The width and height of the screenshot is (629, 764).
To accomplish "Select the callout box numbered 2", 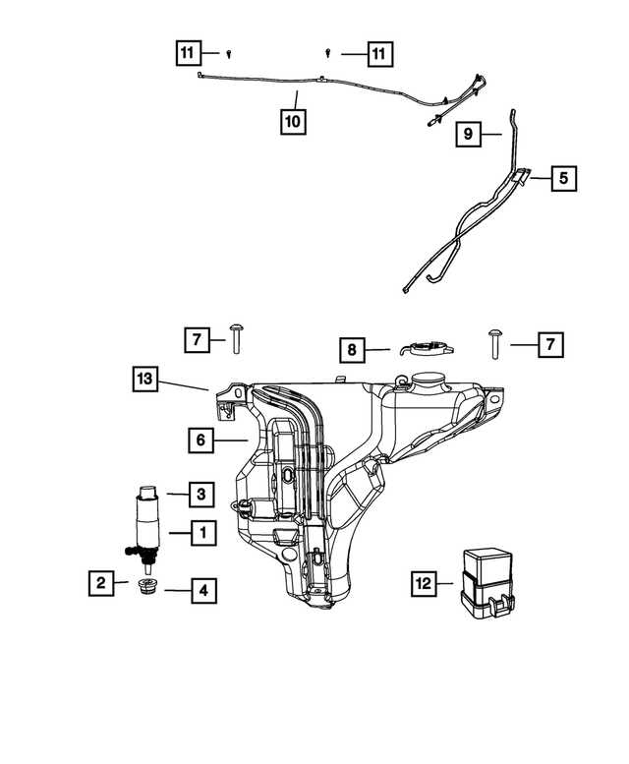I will [100, 583].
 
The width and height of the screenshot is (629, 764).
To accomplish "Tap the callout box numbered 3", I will [200, 493].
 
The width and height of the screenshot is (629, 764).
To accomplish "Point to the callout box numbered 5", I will [563, 179].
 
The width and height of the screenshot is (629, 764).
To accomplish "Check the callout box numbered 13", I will [144, 379].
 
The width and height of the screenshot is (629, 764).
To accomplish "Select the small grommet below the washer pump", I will [149, 588].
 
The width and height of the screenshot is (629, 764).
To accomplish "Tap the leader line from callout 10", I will [294, 100].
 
